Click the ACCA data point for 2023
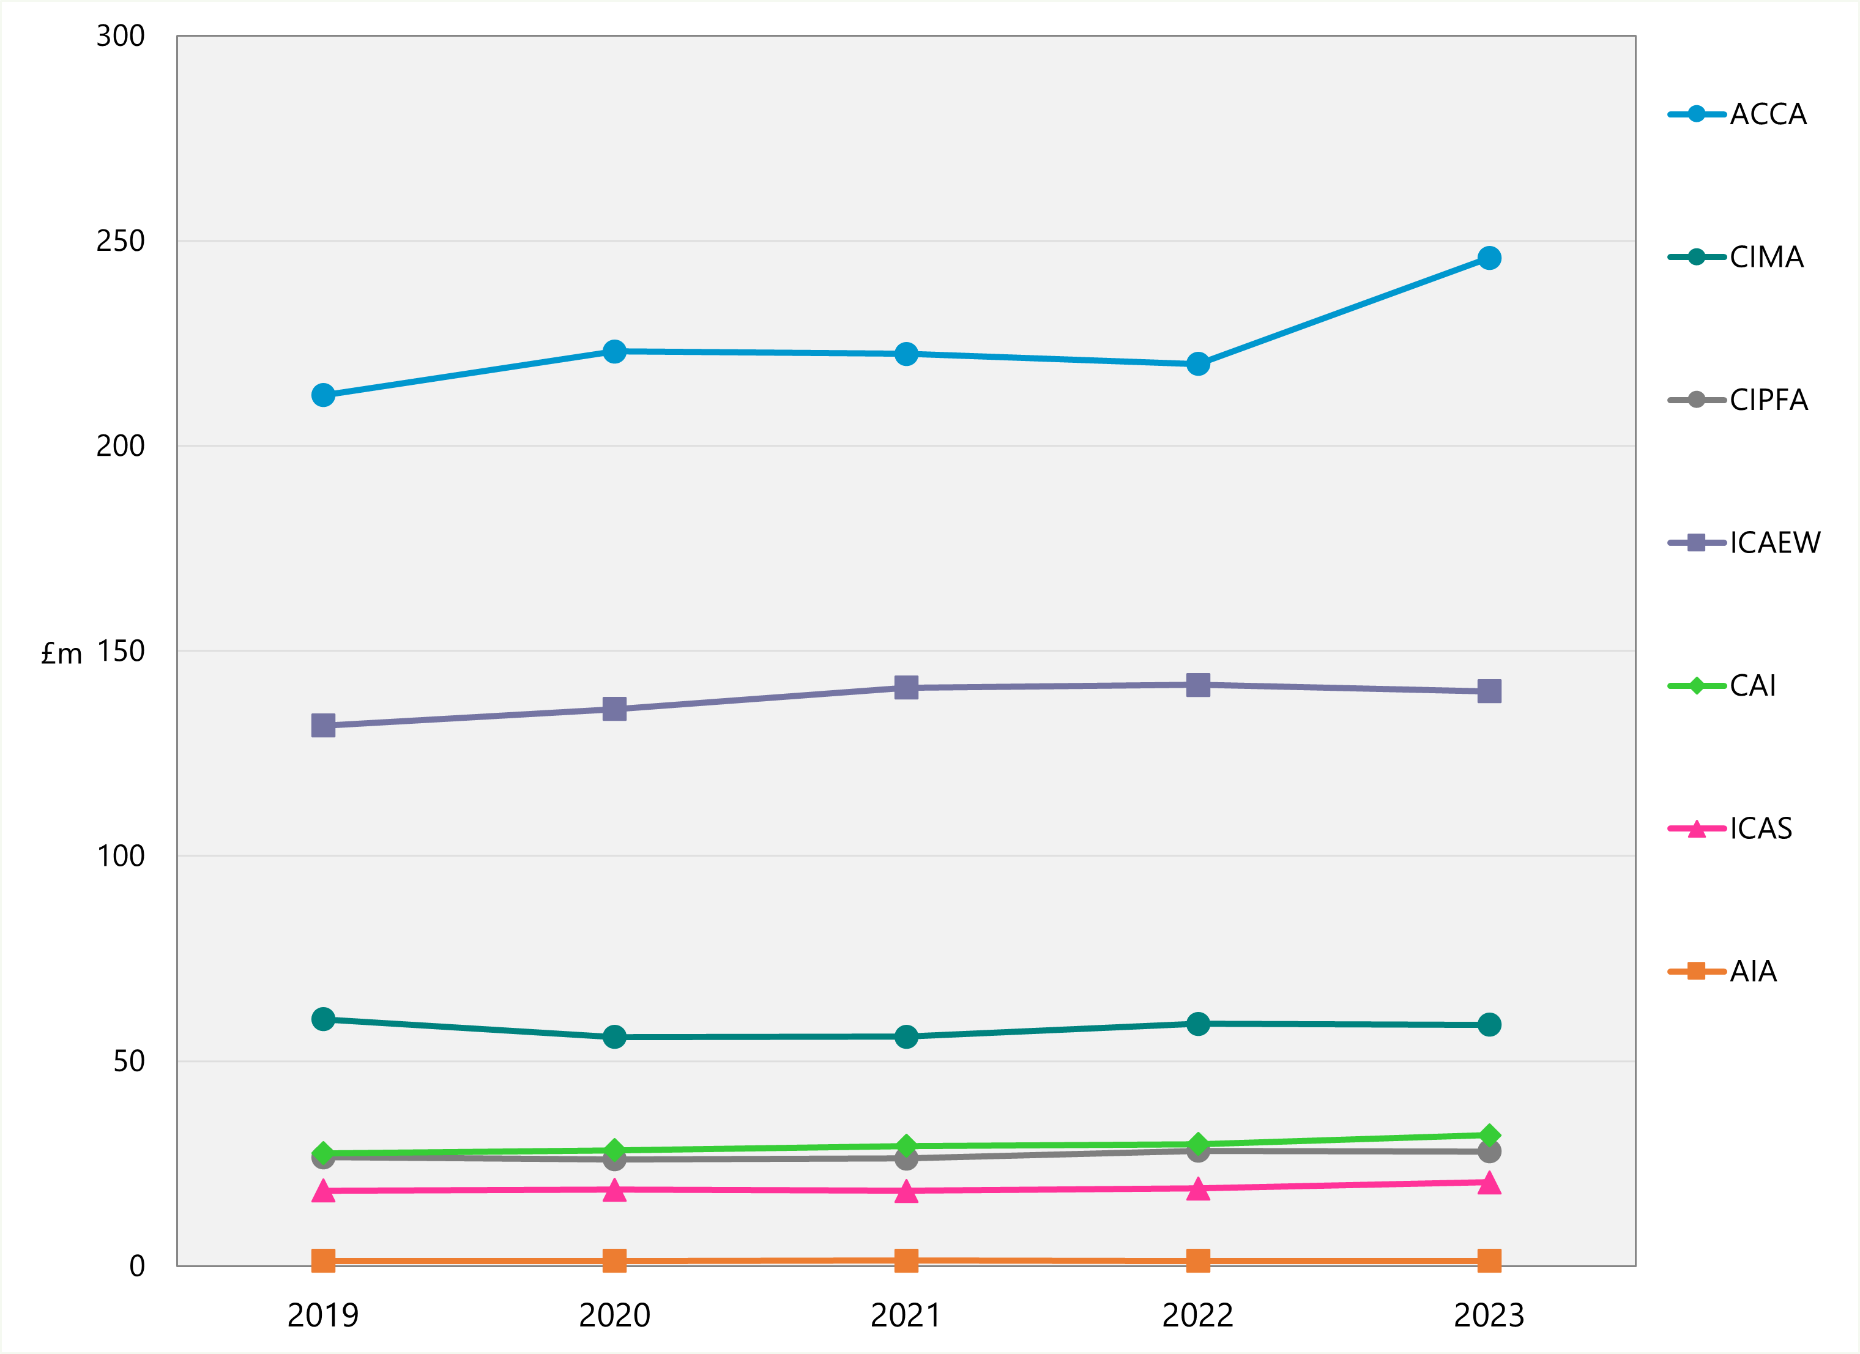point(1489,258)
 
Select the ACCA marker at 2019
point(323,395)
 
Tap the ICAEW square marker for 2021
point(906,687)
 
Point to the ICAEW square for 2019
point(323,725)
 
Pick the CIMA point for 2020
point(614,1036)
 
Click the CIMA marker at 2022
point(1197,1024)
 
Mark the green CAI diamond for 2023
point(1489,1135)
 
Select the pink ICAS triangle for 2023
point(1489,1183)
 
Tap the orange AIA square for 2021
point(906,1260)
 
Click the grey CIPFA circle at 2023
point(1489,1151)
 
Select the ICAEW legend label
point(1774,543)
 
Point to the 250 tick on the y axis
point(121,241)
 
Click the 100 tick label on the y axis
point(121,856)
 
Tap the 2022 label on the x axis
point(1197,1315)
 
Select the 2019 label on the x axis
point(323,1315)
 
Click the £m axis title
point(62,653)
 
